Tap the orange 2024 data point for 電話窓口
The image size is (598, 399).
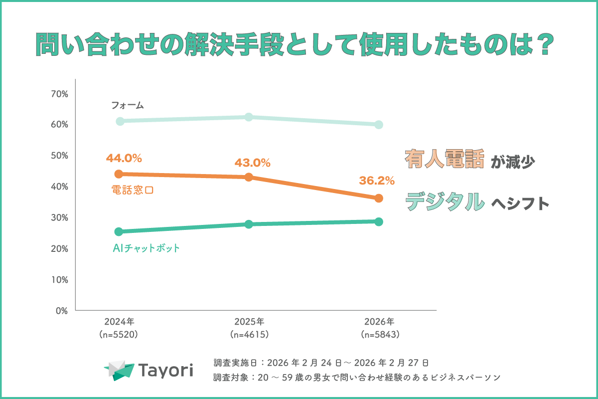click(119, 174)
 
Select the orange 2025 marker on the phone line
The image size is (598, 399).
click(249, 177)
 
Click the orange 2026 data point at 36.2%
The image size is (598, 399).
click(379, 198)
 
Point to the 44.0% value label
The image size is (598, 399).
click(124, 159)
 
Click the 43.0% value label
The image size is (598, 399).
click(252, 163)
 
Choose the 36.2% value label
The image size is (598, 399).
click(377, 180)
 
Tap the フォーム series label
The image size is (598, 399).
click(127, 105)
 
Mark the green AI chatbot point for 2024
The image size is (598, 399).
click(119, 231)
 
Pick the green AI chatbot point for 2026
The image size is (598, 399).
click(379, 221)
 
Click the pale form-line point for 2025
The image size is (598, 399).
click(249, 117)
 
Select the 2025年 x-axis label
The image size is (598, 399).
click(249, 322)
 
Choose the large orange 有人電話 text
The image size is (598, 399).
click(444, 160)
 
